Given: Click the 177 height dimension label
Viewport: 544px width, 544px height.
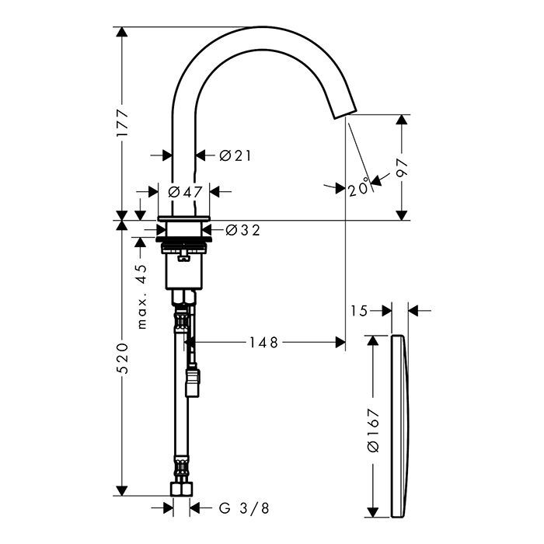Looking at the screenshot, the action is tap(122, 123).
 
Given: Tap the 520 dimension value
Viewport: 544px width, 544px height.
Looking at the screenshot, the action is tap(122, 358).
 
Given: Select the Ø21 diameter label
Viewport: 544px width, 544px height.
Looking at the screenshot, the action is tap(235, 155).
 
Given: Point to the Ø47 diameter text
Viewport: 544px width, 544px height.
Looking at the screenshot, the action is tap(185, 192).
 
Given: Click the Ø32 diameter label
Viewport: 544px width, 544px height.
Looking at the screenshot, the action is tap(242, 230).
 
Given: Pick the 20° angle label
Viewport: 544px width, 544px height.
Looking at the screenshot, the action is tap(358, 187).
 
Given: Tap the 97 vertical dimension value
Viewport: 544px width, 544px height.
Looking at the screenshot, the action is tap(402, 169).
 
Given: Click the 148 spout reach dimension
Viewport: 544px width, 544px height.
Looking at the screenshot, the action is tap(264, 343).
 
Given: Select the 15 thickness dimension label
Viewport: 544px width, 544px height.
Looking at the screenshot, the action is tap(359, 311).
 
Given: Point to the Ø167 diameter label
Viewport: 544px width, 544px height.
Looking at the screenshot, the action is tap(373, 431).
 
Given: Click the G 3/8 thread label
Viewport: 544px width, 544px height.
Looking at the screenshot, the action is tap(244, 508).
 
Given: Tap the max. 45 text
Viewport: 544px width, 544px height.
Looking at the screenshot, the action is tap(142, 297).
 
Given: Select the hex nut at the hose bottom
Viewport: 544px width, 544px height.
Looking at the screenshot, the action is tap(182, 489).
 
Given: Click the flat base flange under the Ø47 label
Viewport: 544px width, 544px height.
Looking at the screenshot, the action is tap(183, 218).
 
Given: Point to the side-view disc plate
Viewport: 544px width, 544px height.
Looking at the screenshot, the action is tap(400, 426).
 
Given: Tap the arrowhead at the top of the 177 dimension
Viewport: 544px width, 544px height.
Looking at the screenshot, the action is tap(121, 32).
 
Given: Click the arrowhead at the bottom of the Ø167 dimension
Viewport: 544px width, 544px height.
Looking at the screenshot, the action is tap(372, 512).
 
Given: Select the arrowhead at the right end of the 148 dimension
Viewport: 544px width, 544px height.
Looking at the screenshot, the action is tap(340, 343).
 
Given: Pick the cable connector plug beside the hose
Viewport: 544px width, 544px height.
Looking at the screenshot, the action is tap(193, 382).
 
